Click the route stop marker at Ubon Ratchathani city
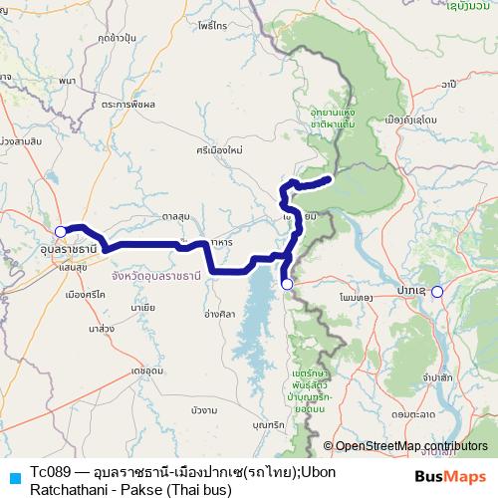(61, 231)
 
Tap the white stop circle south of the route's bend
(287, 285)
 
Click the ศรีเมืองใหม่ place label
(219, 149)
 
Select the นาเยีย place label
(142, 309)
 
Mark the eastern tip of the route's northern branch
(328, 179)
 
